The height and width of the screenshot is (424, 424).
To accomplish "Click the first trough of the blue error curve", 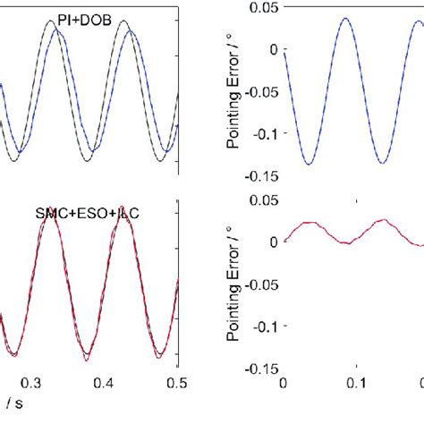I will point(308,163).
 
